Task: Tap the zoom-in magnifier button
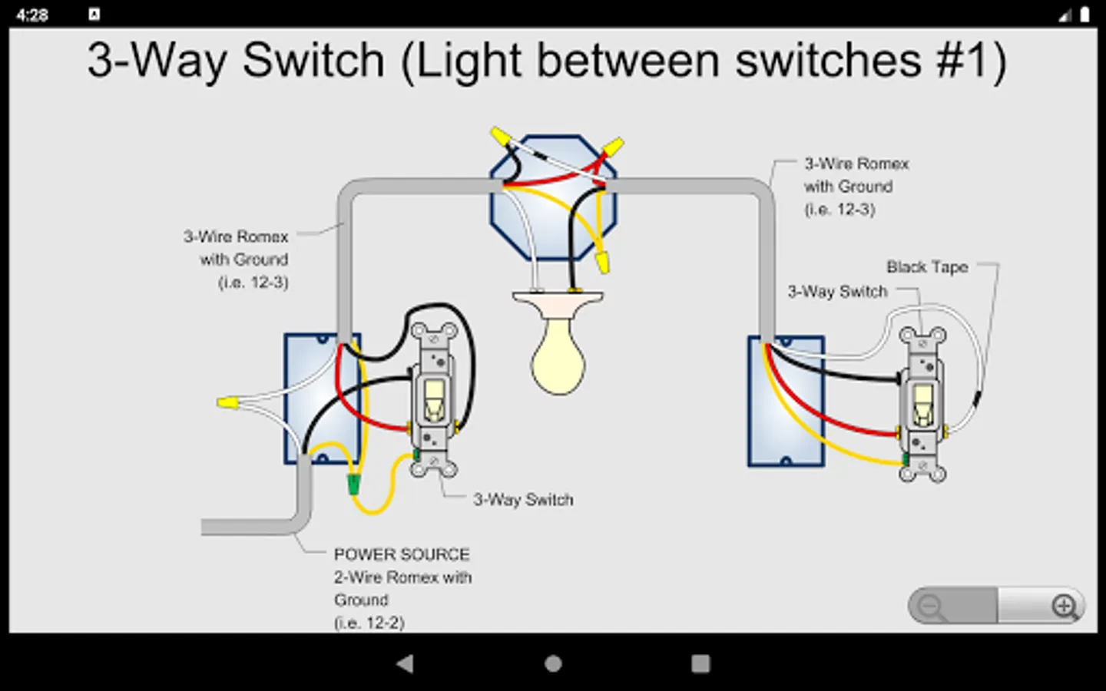(1065, 607)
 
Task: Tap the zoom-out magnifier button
(930, 607)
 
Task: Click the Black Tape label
(927, 267)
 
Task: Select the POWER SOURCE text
(402, 554)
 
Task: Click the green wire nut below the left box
(354, 484)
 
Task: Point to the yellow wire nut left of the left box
(227, 402)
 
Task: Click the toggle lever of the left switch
(435, 398)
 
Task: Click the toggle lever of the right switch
(922, 404)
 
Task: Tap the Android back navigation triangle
(405, 663)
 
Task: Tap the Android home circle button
(553, 663)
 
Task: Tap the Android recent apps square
(700, 663)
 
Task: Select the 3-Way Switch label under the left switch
(523, 500)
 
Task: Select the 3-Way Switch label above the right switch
(837, 292)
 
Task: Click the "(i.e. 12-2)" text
(369, 623)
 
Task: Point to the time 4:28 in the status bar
(31, 15)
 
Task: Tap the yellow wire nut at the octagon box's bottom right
(603, 260)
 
